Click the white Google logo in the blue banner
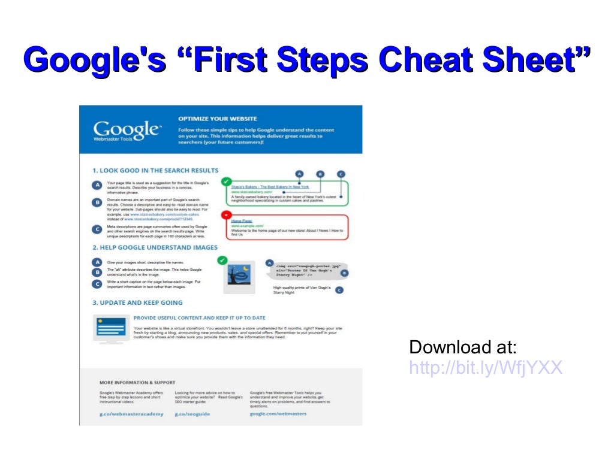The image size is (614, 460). (125, 129)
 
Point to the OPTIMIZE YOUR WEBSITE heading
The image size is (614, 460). (217, 119)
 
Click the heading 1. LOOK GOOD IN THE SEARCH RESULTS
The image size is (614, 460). (155, 171)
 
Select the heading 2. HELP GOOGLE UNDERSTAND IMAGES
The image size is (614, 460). (155, 247)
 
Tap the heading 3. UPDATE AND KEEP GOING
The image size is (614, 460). (137, 302)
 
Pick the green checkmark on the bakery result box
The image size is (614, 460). (226, 180)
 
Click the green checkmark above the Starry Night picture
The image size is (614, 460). (222, 260)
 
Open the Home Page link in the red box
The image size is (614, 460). (241, 221)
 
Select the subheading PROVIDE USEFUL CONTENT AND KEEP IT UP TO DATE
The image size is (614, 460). (199, 318)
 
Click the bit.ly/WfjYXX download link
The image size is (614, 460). (486, 367)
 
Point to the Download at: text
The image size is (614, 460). (463, 347)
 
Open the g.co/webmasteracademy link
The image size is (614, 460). (131, 414)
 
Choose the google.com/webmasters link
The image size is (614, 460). (278, 414)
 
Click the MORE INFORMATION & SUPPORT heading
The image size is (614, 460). (137, 382)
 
